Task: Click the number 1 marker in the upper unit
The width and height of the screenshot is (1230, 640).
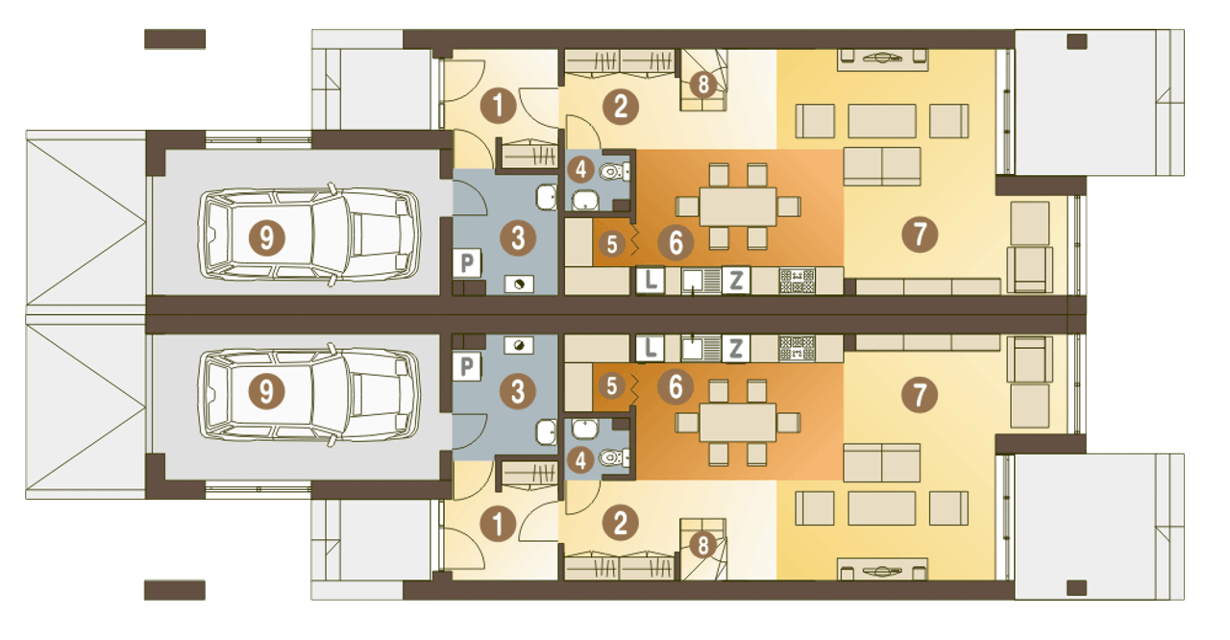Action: (498, 106)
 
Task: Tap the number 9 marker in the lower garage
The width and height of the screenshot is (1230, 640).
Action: (266, 392)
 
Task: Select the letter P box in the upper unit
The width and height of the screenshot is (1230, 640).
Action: (467, 263)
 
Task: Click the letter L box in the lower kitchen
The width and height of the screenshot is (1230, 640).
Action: (651, 348)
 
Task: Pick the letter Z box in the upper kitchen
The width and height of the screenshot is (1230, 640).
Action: (736, 281)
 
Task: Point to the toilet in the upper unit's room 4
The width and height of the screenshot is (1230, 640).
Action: (613, 172)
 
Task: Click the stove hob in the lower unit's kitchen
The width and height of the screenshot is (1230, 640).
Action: (797, 348)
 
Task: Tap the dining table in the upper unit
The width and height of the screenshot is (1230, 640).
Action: (738, 207)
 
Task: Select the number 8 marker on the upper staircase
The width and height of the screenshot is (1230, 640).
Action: (702, 85)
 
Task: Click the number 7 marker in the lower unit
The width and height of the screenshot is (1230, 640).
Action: (920, 395)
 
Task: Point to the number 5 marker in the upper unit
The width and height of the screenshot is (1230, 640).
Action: (612, 244)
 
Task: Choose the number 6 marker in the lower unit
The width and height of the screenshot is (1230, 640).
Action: (676, 386)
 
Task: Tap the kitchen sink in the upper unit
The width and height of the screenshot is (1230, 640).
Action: (701, 281)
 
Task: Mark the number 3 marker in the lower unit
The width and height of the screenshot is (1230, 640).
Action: (518, 391)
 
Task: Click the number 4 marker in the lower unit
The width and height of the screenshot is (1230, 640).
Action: (580, 460)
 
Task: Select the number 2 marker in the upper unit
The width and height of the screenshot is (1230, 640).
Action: (621, 107)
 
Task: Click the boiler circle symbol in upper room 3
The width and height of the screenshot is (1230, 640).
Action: (519, 283)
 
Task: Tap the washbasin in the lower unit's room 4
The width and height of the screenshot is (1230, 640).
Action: (585, 429)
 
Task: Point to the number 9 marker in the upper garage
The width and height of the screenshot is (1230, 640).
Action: (267, 238)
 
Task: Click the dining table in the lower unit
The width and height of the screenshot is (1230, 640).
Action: (738, 422)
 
